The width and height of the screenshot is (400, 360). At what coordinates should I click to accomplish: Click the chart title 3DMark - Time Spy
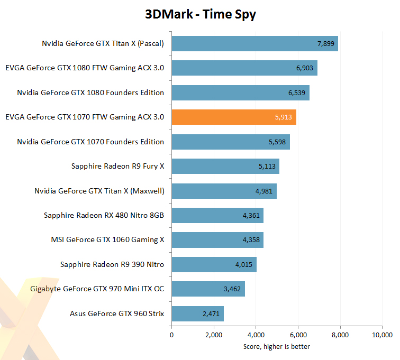pos(201,14)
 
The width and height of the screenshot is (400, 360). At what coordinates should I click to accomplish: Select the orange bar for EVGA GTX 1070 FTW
pos(234,117)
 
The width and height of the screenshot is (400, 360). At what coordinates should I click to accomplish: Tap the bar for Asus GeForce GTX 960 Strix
pos(198,313)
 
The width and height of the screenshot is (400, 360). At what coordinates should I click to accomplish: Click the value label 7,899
pos(326,43)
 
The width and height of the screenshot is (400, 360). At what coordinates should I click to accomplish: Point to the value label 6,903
pos(305,68)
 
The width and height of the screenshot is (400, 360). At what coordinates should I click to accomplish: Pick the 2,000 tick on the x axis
pos(214,335)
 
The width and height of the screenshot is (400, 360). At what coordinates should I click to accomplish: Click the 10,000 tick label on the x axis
pos(382,335)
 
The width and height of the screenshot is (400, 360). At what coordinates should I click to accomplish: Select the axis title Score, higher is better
pos(277,346)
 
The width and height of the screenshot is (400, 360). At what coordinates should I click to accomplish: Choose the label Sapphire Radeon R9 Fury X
pos(117,166)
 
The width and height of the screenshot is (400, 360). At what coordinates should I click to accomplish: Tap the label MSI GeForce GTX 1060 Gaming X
pos(107,239)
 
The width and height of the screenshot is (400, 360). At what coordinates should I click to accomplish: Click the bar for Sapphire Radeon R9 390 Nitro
pos(214,264)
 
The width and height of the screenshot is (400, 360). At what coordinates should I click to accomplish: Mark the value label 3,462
pos(232,289)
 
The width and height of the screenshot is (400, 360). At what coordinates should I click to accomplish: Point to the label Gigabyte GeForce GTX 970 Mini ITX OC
pos(97,289)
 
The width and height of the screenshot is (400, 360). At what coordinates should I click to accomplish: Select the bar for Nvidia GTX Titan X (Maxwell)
pos(224,191)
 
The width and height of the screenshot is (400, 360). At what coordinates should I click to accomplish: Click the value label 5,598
pos(277,142)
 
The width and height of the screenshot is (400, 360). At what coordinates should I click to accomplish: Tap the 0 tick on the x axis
pos(171,335)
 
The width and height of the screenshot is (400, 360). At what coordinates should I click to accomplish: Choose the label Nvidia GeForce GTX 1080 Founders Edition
pos(90,93)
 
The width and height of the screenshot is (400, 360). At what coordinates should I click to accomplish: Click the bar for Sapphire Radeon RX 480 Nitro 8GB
pos(217,216)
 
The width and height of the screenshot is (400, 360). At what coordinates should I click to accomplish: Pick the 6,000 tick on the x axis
pos(298,335)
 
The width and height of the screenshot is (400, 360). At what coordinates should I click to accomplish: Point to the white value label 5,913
pos(284,117)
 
